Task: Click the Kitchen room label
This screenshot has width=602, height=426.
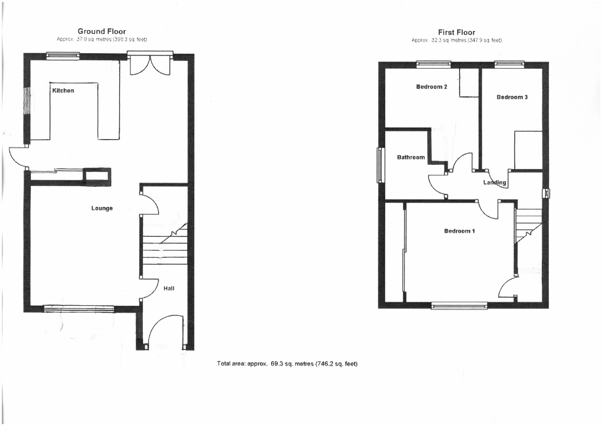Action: click(x=63, y=90)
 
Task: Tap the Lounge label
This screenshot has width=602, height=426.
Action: click(x=102, y=208)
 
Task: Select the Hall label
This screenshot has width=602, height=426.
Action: click(x=169, y=288)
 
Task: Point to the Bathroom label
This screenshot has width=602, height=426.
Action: click(x=411, y=157)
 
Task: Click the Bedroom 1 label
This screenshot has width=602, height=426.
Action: click(x=459, y=231)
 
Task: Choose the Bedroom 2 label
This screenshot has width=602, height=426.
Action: click(x=431, y=87)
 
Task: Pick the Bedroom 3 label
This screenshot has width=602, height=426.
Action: click(x=512, y=97)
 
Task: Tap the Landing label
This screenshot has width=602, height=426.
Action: click(x=494, y=183)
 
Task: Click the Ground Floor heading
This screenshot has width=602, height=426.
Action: click(x=102, y=31)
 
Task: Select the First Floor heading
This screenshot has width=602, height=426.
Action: click(x=456, y=32)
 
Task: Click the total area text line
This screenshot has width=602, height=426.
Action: click(x=287, y=364)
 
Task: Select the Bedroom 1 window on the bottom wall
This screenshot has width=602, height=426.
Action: click(x=459, y=306)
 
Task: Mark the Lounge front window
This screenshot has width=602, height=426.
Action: click(x=79, y=309)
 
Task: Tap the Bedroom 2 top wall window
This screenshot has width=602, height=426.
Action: click(x=433, y=64)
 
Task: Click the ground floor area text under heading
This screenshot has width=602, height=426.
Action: click(x=102, y=39)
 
